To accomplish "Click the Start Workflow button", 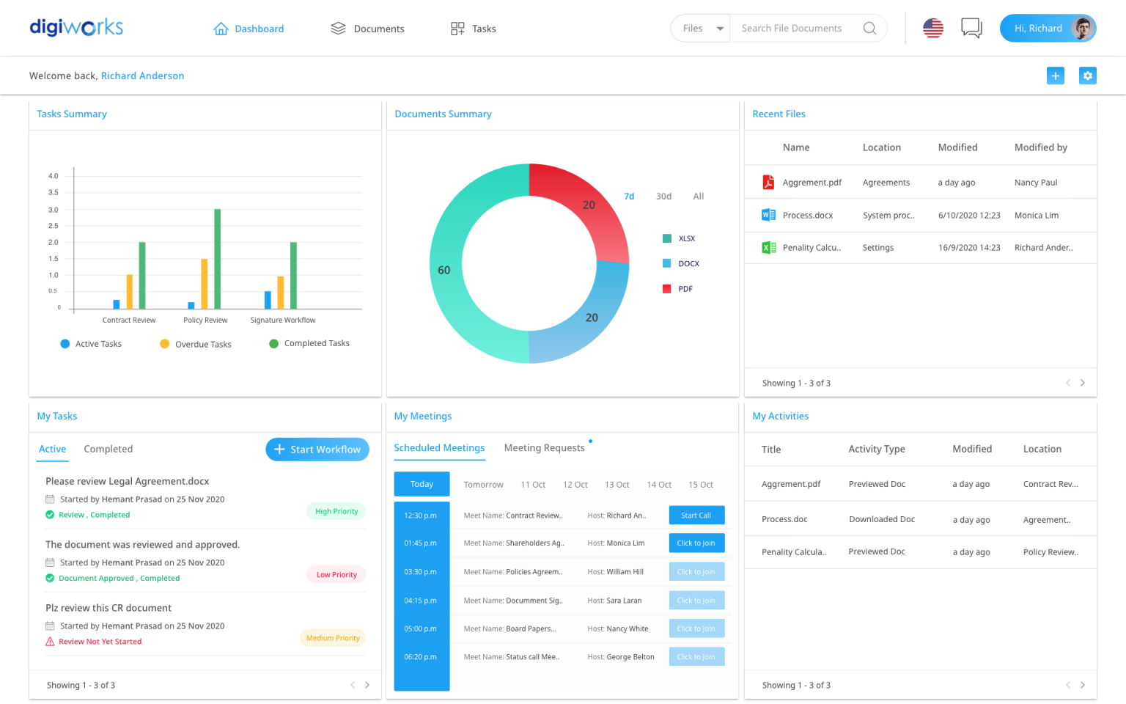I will pos(317,450).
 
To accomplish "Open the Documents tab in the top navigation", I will pos(367,29).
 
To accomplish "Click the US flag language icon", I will pos(932,29).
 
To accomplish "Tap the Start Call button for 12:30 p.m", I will pos(696,516).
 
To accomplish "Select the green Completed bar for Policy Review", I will pos(217,259).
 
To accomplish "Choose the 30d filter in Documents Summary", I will pos(663,197).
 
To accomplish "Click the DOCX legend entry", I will pos(688,264).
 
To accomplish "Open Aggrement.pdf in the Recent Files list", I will pos(812,183).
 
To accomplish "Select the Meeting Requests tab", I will pos(544,448).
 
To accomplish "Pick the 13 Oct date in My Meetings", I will pos(617,485).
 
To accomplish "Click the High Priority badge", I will pos(336,512).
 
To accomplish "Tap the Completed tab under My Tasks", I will pos(108,450).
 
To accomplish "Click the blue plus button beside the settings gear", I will pos(1055,76).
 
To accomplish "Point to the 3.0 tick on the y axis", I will pos(54,210).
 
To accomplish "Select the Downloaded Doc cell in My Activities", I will pos(882,519).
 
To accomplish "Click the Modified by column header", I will pos(1040,147).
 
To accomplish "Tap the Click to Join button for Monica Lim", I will pos(696,543).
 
